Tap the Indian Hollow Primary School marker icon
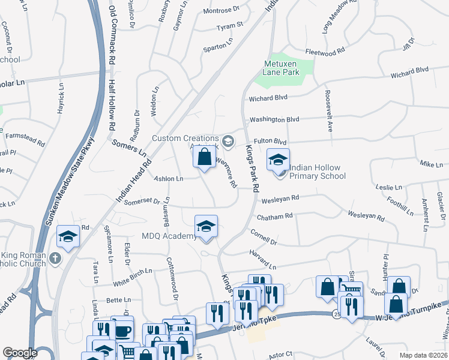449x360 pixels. point(278,160)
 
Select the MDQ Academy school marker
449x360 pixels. point(206,227)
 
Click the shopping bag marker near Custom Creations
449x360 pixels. point(205,158)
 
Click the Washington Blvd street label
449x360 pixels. point(274,119)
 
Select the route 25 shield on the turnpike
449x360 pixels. point(334,313)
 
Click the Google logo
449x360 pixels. point(20,353)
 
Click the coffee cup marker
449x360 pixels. point(122,330)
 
